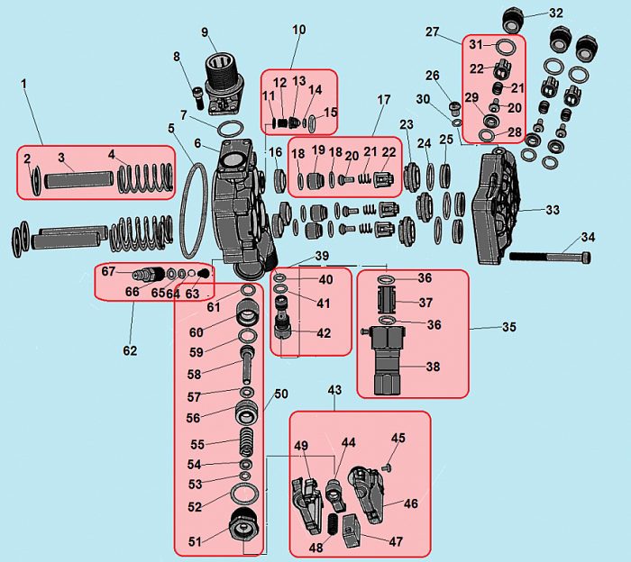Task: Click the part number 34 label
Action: (x=588, y=238)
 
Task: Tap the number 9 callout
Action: (x=205, y=33)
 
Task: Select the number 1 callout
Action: (x=24, y=83)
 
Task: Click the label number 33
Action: (x=552, y=210)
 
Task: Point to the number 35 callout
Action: (x=508, y=327)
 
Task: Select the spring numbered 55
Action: (x=243, y=445)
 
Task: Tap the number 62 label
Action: (x=131, y=350)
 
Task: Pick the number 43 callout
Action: (x=334, y=390)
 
